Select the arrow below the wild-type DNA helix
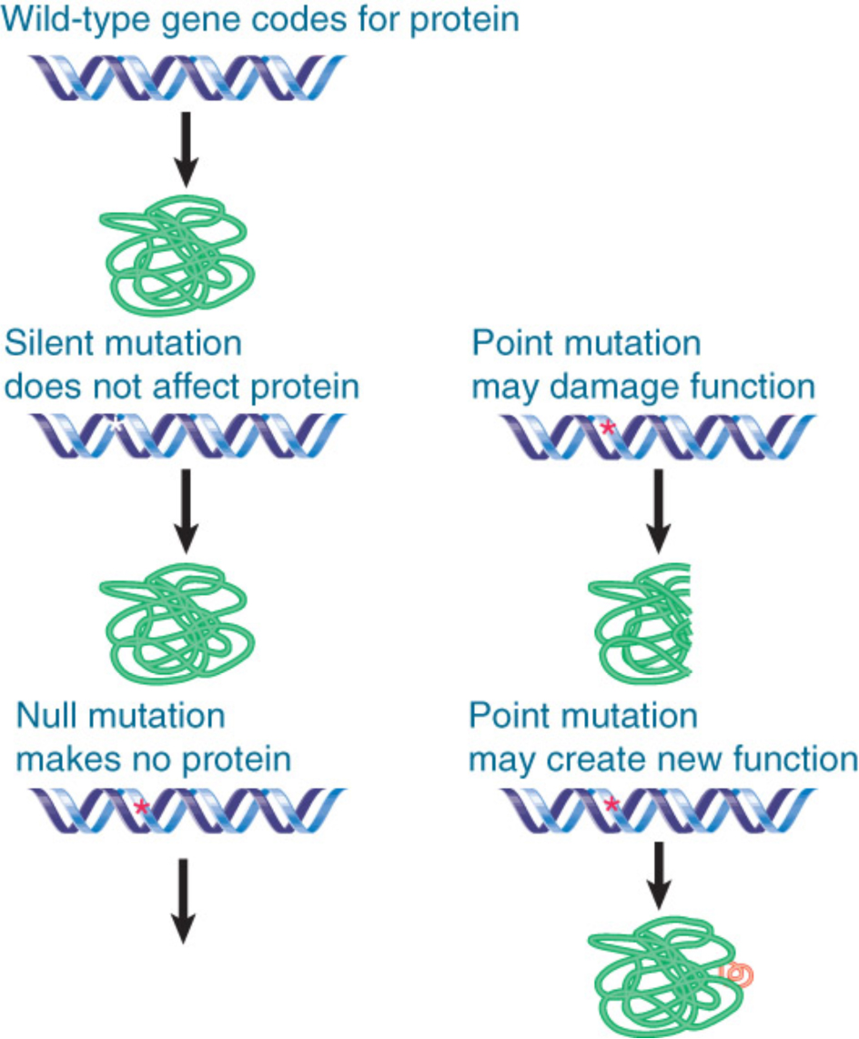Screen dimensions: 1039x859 pos(184,146)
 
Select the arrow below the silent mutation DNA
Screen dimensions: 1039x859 pos(184,509)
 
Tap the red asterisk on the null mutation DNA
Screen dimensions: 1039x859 pos(140,806)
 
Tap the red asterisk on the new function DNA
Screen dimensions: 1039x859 pos(611,804)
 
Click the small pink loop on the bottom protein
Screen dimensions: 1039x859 pos(737,974)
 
